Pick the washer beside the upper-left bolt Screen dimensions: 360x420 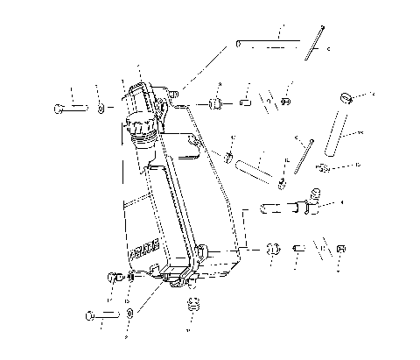101,108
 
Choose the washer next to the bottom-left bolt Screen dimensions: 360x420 129,313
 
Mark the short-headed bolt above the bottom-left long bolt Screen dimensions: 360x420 112,279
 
